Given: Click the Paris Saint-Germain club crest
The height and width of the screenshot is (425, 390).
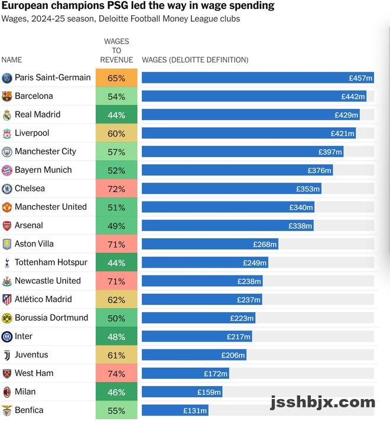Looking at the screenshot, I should [7, 78].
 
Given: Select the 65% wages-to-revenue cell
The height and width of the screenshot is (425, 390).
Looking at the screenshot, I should [116, 78].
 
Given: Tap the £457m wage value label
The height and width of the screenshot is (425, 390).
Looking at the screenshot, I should [360, 78].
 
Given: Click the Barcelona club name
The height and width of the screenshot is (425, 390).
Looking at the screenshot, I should [34, 96].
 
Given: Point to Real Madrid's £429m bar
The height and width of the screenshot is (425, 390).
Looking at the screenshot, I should [250, 115].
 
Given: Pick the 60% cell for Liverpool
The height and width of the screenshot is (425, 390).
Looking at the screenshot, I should [116, 134].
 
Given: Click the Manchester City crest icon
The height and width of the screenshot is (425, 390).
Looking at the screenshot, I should [7, 152].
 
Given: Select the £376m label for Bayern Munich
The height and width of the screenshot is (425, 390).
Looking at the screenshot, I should [320, 171].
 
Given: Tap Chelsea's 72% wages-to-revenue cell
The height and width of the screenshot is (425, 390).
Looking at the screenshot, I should [116, 189].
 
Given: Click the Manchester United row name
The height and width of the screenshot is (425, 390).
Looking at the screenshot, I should [51, 207].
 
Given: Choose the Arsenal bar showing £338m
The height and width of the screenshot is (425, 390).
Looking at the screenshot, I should [227, 226].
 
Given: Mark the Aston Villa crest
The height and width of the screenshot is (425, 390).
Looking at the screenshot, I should [7, 244].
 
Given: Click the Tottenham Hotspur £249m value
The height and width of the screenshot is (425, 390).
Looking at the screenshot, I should [255, 263].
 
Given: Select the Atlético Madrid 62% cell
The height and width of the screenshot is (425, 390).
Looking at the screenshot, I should [116, 300].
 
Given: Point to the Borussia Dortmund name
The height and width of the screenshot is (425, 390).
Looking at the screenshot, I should [51, 317].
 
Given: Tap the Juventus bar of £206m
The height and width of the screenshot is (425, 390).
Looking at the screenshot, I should [194, 355].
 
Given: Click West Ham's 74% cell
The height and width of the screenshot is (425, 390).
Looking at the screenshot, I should [116, 374].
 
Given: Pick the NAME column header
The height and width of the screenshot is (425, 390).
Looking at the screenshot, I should [12, 60].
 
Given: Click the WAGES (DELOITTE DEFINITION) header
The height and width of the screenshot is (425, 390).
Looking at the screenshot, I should [195, 60].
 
